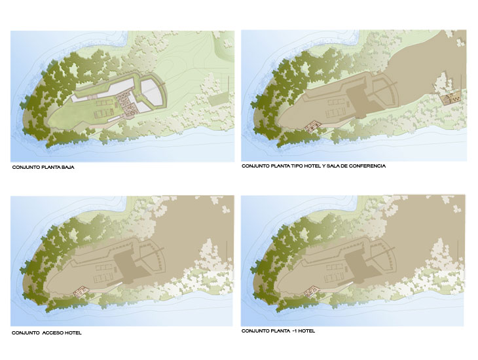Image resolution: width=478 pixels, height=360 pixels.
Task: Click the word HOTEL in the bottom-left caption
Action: point(73,333)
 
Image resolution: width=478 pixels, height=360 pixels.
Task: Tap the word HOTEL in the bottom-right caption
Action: point(306,331)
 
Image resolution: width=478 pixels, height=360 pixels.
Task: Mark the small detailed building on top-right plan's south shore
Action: point(313,126)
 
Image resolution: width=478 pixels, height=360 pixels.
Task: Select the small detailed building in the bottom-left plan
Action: point(81,291)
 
